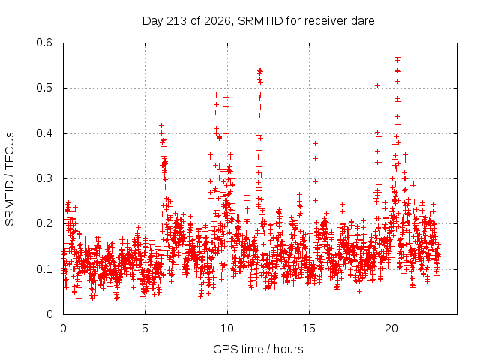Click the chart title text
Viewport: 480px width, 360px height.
click(258, 21)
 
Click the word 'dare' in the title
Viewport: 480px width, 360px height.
click(363, 21)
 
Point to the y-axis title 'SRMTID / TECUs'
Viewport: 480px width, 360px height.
click(10, 179)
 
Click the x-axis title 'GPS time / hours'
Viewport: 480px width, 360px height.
click(258, 349)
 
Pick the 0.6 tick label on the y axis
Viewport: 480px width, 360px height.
click(44, 43)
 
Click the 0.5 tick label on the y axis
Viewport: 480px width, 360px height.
click(44, 88)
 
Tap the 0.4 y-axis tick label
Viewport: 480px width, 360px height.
click(44, 133)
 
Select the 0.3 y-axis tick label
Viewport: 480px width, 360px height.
click(44, 178)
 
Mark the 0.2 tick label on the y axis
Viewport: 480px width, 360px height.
click(44, 223)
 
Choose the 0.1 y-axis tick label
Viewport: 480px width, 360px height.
click(44, 269)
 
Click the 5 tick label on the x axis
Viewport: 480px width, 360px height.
click(145, 328)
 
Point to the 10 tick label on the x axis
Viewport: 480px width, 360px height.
click(227, 328)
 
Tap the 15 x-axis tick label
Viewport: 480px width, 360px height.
click(309, 328)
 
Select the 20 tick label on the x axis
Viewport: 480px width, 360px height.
click(391, 328)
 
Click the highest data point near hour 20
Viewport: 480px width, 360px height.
click(398, 57)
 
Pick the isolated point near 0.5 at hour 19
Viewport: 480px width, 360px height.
click(378, 85)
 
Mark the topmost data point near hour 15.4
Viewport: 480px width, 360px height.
click(315, 143)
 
